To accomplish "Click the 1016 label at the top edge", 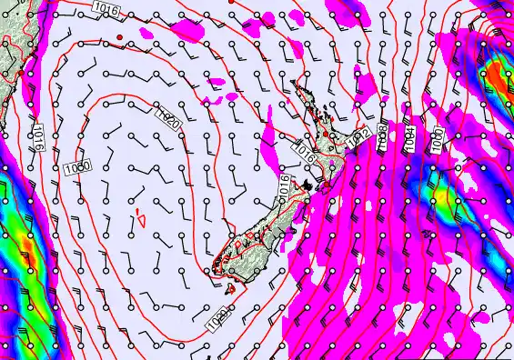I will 105,7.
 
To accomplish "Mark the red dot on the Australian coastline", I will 20,72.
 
